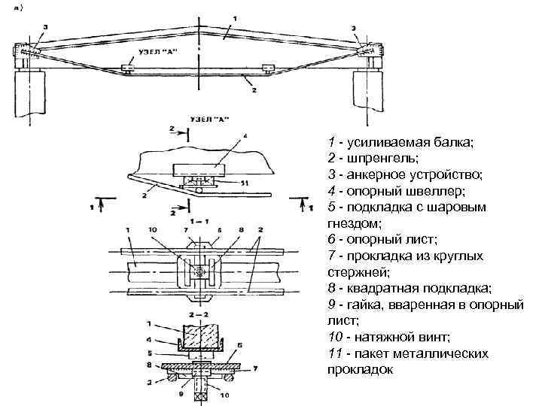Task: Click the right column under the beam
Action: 361,95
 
